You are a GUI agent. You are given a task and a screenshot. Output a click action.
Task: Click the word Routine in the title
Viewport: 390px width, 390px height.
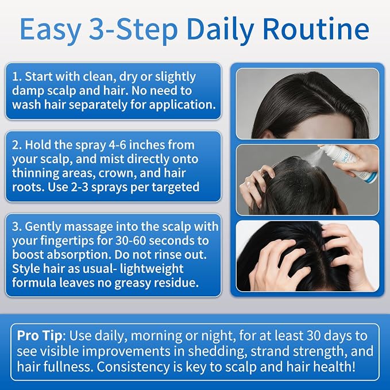click(x=316, y=29)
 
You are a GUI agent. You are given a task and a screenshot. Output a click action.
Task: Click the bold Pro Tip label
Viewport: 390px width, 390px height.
click(x=39, y=336)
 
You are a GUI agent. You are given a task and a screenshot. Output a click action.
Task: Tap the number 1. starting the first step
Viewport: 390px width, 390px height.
click(x=17, y=76)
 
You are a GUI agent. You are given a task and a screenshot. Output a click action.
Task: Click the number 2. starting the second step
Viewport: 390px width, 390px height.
click(x=17, y=145)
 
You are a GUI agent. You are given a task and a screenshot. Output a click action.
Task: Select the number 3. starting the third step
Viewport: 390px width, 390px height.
click(x=17, y=227)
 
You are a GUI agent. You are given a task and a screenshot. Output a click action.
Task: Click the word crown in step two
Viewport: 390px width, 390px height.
click(x=118, y=173)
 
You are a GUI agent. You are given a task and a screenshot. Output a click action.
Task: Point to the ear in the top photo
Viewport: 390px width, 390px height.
click(x=268, y=133)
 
